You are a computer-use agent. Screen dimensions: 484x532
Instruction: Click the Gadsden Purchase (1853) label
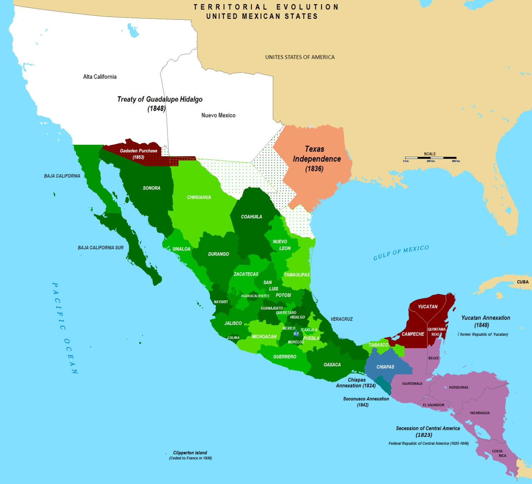point(139,154)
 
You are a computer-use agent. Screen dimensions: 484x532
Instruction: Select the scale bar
point(431,158)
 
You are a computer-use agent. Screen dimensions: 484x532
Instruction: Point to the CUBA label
point(523,282)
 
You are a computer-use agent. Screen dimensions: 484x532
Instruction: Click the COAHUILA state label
point(251,217)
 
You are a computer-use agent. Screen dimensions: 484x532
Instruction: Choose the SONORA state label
point(152,188)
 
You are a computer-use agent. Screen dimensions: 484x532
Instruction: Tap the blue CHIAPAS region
point(385,367)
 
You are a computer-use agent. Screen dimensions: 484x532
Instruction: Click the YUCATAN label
point(428,307)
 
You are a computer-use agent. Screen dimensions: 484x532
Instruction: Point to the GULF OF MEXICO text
point(401,253)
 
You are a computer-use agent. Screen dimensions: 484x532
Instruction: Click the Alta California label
point(100,77)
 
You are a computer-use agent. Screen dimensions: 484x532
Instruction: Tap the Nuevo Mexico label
point(219,115)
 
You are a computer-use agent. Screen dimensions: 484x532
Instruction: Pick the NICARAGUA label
point(480,413)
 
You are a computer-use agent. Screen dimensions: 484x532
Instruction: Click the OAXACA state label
point(332,365)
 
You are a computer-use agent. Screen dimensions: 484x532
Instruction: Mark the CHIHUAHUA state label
point(199,197)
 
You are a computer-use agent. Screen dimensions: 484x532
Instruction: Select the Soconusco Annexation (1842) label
point(366,402)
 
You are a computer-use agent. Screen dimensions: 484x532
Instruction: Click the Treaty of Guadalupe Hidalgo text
point(160,100)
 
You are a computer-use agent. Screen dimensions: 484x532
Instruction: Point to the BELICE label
point(434,358)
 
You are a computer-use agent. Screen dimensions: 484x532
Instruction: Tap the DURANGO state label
point(219,254)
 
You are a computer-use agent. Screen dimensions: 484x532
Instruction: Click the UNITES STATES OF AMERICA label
point(300,57)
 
